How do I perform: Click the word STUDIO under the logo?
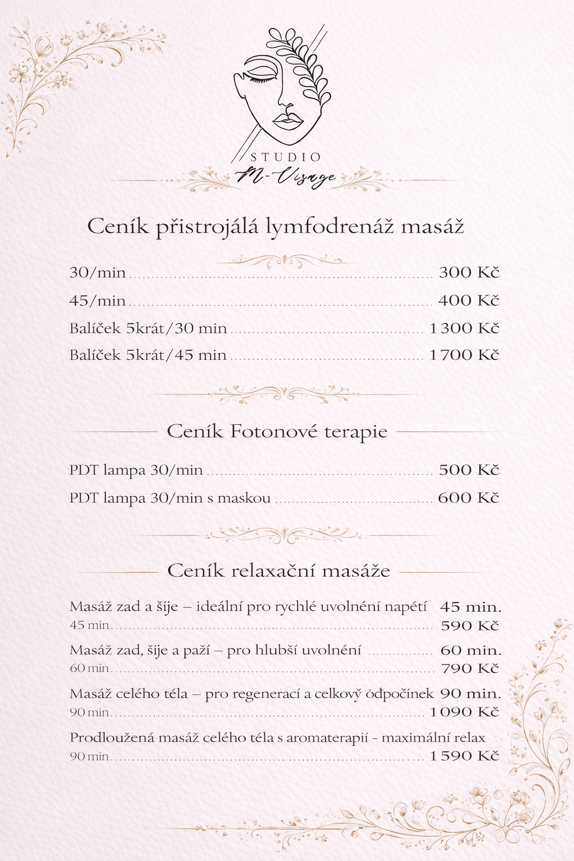click(285, 158)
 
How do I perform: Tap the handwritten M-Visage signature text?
click(286, 177)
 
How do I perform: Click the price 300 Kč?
click(469, 273)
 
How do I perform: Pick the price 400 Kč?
click(469, 300)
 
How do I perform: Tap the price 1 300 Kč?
click(464, 328)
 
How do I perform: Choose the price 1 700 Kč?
click(464, 355)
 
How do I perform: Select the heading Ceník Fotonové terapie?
click(277, 432)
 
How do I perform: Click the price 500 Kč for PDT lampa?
click(469, 470)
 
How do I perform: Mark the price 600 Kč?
click(469, 498)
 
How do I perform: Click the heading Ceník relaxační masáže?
click(279, 571)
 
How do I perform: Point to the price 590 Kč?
click(470, 626)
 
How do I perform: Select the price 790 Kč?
click(470, 669)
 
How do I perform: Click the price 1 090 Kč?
click(464, 712)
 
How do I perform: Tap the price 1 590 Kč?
click(464, 756)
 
